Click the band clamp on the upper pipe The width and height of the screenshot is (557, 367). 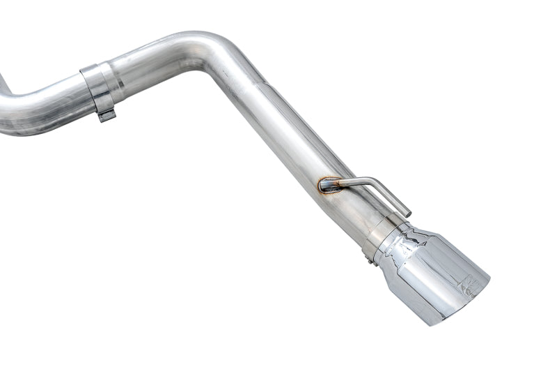(x=97, y=87)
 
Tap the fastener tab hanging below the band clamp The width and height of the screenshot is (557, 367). (x=106, y=115)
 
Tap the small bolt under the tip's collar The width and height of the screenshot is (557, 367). (x=368, y=260)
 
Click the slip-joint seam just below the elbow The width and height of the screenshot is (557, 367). (x=261, y=87)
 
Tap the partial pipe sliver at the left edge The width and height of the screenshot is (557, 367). (x=3, y=84)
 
